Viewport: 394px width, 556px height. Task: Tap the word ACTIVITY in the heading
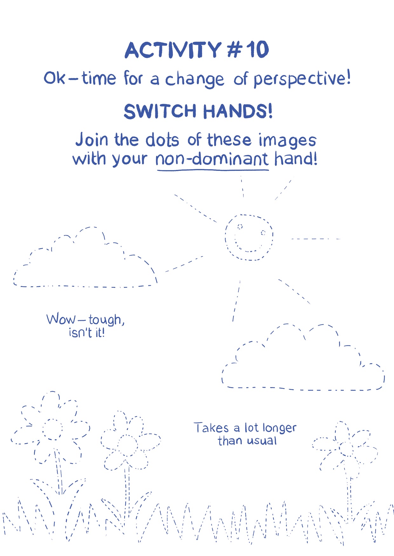point(173,50)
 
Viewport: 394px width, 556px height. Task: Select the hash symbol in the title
point(234,50)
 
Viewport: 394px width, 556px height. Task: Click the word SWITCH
point(160,111)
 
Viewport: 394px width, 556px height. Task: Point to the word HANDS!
point(238,111)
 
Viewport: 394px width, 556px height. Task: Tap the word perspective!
point(302,79)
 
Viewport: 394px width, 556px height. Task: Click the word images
point(287,141)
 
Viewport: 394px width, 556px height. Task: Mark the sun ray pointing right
point(316,239)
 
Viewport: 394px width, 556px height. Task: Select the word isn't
point(80,333)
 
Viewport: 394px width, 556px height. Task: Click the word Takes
point(211,428)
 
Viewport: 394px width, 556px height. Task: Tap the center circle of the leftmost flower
point(53,429)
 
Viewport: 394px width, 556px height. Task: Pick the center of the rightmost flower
point(346,448)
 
